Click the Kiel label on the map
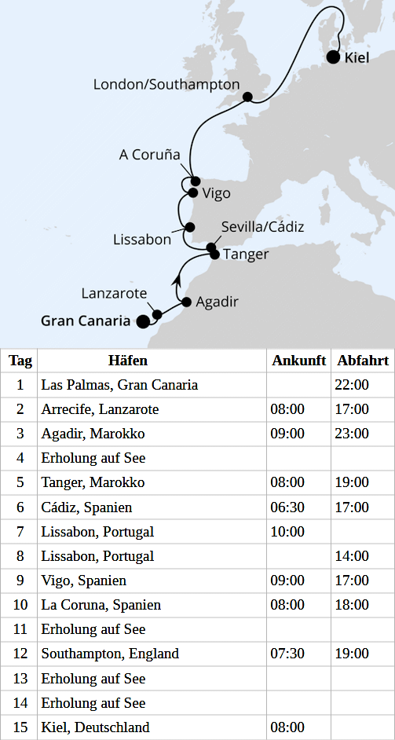[357, 57]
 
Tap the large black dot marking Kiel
[333, 57]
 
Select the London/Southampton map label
[166, 84]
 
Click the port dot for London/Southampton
[248, 97]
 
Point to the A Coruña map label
[150, 155]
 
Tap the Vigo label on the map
[217, 193]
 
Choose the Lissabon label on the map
[142, 240]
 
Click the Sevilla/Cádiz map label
[262, 227]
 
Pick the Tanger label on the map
[246, 255]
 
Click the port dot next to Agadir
[186, 302]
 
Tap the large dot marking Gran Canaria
[143, 321]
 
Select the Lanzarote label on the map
[114, 293]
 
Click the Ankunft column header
[299, 361]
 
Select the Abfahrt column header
[363, 361]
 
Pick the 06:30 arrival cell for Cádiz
[288, 507]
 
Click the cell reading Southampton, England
[110, 654]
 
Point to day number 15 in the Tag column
[20, 727]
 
